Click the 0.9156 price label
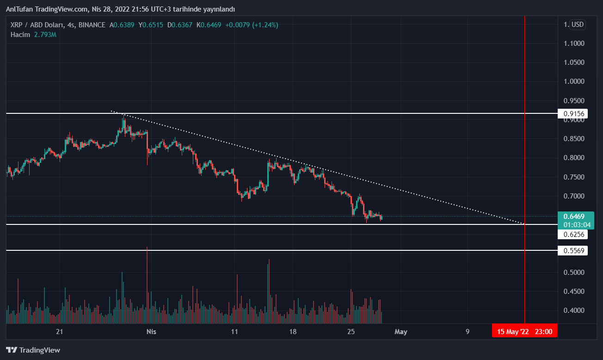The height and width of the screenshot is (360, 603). click(574, 113)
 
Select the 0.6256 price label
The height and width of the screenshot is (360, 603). click(574, 235)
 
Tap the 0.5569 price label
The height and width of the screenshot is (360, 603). click(574, 251)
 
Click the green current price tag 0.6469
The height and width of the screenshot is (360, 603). click(574, 216)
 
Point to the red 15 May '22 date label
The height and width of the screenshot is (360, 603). click(524, 331)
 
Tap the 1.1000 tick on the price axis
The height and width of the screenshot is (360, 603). click(574, 43)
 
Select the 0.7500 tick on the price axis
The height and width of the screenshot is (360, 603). click(574, 177)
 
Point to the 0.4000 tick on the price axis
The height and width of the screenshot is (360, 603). click(574, 310)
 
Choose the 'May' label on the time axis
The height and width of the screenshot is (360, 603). click(401, 331)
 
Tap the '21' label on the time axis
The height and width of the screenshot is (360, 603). click(59, 331)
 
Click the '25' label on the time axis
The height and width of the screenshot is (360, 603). click(351, 331)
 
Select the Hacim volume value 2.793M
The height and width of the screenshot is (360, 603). click(45, 34)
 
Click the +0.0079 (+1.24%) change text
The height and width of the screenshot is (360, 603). click(252, 25)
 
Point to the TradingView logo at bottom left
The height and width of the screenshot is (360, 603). click(33, 350)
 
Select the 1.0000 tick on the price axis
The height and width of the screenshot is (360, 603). click(574, 81)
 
